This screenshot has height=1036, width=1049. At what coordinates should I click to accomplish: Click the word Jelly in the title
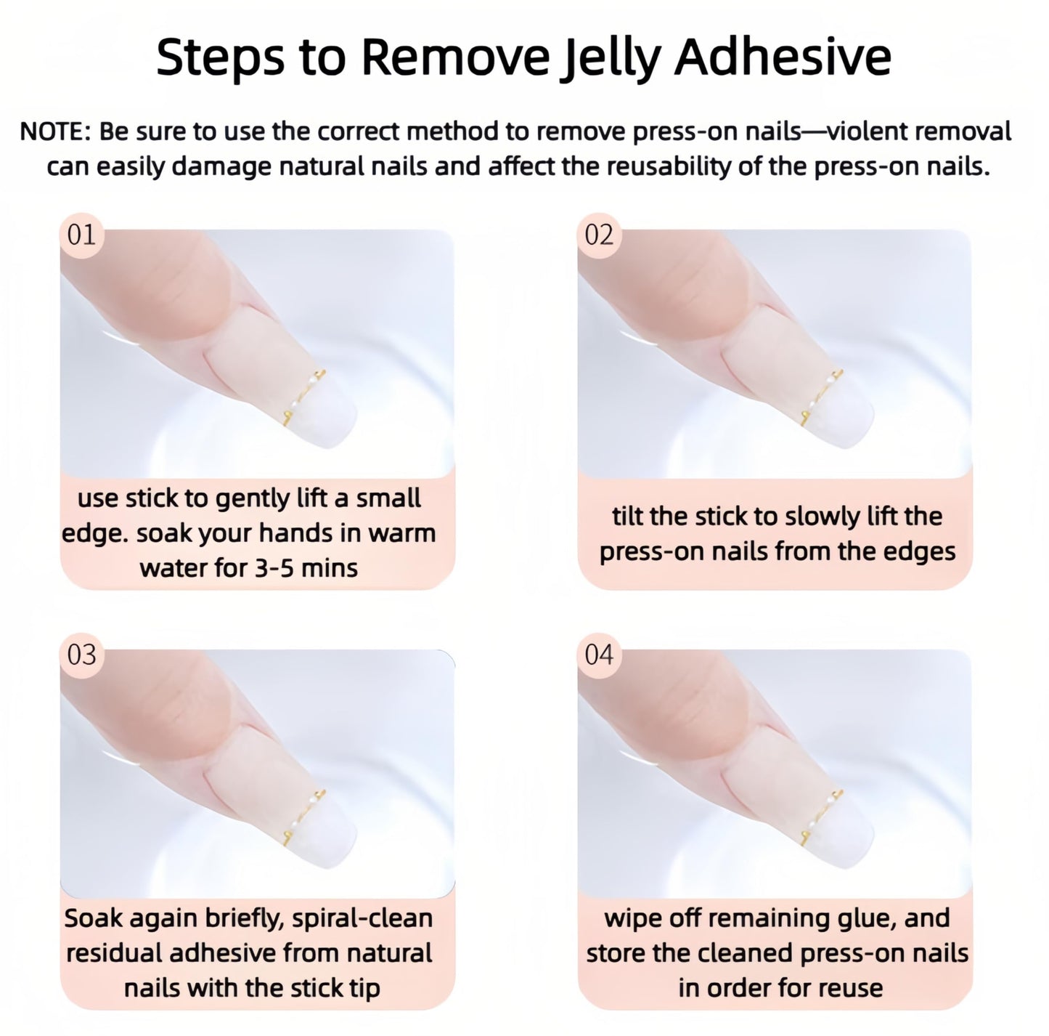tap(611, 58)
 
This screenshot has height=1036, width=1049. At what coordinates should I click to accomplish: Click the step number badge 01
tap(81, 235)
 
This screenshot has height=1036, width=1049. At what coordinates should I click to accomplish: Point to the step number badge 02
tap(599, 235)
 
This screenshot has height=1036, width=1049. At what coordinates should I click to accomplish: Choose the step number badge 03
tap(81, 655)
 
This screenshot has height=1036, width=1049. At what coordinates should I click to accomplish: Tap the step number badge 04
tap(599, 655)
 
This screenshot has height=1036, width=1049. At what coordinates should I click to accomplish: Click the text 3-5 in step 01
tap(274, 568)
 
